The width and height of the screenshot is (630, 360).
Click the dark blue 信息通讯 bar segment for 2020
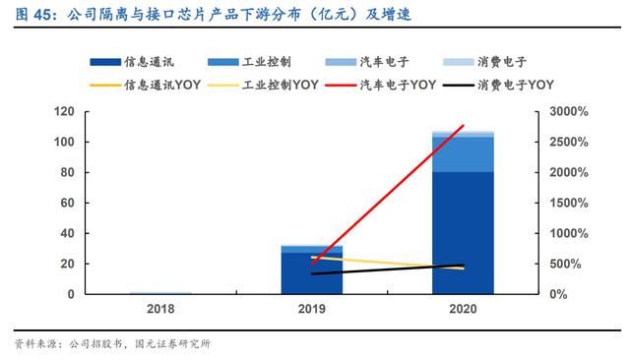pyautogui.click(x=463, y=233)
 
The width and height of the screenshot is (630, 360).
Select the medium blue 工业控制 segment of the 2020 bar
pyautogui.click(x=463, y=154)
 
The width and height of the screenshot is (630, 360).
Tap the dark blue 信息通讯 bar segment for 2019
pyautogui.click(x=312, y=273)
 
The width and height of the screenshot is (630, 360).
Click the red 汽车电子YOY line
pyautogui.click(x=388, y=194)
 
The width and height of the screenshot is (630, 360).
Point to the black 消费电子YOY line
pyautogui.click(x=388, y=270)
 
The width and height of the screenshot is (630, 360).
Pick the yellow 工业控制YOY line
pyautogui.click(x=388, y=263)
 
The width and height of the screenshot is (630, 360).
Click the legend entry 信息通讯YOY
pyautogui.click(x=145, y=85)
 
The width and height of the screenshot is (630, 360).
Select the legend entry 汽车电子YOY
pyautogui.click(x=381, y=85)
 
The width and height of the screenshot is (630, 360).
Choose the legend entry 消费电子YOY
pyautogui.click(x=498, y=85)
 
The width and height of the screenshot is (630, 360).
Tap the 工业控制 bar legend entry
pyautogui.click(x=249, y=62)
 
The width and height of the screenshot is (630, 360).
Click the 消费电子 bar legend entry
pyautogui.click(x=484, y=62)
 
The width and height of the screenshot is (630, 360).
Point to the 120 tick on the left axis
pyautogui.click(x=64, y=111)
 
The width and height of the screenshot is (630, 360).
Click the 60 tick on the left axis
pyautogui.click(x=68, y=203)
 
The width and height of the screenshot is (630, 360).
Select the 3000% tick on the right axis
pyautogui.click(x=569, y=111)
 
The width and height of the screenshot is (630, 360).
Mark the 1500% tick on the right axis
pyautogui.click(x=569, y=203)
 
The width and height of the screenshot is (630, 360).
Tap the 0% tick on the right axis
pyautogui.click(x=558, y=294)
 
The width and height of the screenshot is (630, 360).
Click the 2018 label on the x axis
pyautogui.click(x=160, y=309)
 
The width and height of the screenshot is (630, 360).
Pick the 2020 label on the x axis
pyautogui.click(x=463, y=309)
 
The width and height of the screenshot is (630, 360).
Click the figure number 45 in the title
pyautogui.click(x=42, y=15)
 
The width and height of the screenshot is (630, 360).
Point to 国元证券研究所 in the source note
pyautogui.click(x=173, y=344)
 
